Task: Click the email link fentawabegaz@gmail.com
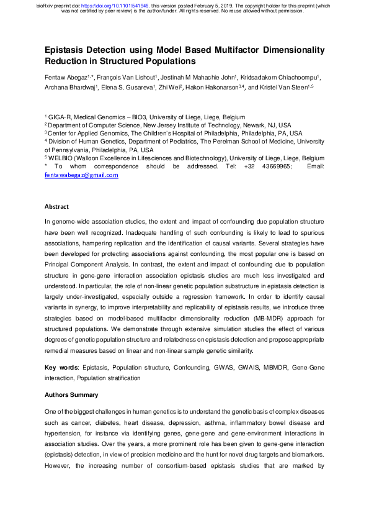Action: pos(81,176)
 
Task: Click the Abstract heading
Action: pos(57,206)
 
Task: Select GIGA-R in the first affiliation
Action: pos(61,117)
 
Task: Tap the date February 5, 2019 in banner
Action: pos(211,5)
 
